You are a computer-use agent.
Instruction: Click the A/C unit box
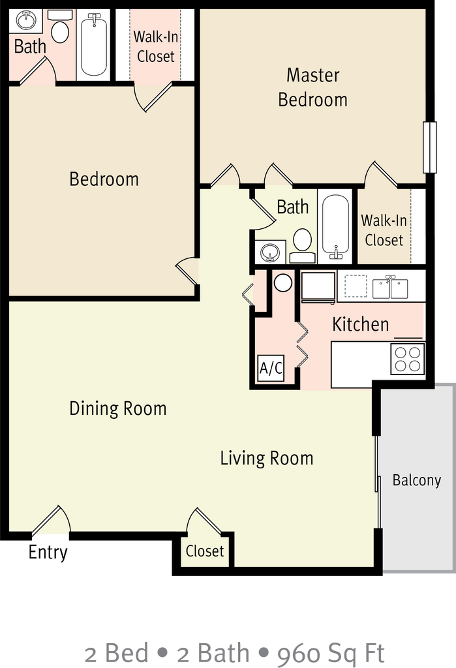tap(271, 368)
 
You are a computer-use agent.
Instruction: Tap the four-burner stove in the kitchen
tap(408, 359)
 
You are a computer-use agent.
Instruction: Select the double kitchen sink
tap(390, 288)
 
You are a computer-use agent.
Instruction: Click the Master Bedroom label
tap(313, 87)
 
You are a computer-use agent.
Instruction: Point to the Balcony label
tap(416, 480)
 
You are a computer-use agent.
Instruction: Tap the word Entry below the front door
tap(48, 552)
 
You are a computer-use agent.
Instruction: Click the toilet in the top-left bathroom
tap(59, 26)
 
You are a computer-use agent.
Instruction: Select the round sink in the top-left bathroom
tap(26, 20)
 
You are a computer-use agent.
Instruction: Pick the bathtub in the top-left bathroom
tap(94, 45)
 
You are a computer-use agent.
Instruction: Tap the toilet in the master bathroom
tap(303, 246)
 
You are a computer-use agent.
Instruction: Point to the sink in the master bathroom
tap(270, 251)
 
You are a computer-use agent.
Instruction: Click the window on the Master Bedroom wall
tap(429, 147)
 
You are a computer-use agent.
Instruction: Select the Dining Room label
tap(117, 408)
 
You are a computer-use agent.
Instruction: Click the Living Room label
tap(267, 459)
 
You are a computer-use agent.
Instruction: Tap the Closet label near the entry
tap(205, 551)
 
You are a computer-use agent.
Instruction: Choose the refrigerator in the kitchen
tap(318, 287)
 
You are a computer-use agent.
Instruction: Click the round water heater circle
tap(282, 282)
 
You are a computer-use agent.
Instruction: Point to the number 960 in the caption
tap(298, 654)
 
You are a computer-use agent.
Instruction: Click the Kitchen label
tap(361, 324)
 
